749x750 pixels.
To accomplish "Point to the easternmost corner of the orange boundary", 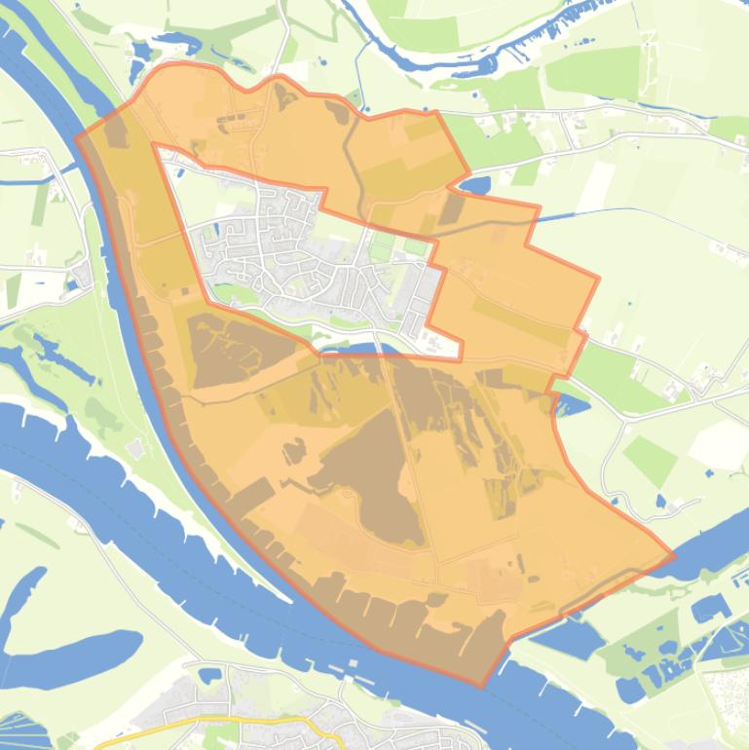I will point(674,557).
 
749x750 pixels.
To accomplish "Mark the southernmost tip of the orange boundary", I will point(483,686).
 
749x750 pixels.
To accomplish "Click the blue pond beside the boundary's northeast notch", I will point(474,183).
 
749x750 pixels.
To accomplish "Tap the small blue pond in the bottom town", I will point(209,674).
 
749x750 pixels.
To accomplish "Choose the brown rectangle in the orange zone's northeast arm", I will point(451,207).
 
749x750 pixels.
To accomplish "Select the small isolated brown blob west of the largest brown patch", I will point(293,450).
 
